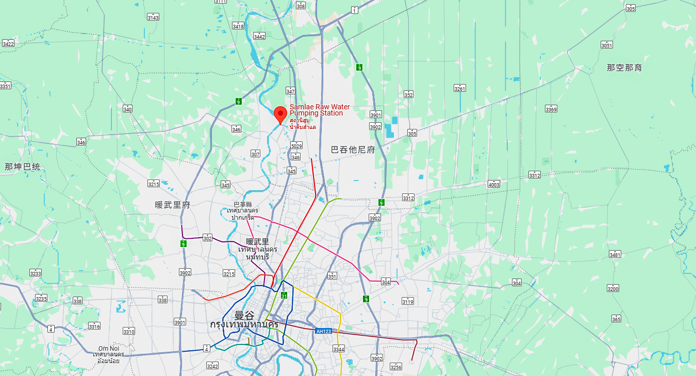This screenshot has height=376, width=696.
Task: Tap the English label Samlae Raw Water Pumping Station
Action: click(320, 110)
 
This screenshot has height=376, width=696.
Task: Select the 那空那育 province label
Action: click(624, 68)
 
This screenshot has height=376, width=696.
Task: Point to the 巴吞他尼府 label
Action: click(353, 150)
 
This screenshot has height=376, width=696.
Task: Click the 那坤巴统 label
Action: click(22, 167)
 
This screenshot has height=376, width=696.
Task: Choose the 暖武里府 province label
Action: click(173, 205)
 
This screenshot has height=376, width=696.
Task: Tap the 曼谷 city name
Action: click(244, 315)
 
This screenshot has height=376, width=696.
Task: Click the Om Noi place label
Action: click(108, 348)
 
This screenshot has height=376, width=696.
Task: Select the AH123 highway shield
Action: click(323, 331)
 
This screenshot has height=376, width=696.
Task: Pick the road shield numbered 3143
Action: click(153, 17)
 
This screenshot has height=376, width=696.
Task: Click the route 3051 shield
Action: click(607, 45)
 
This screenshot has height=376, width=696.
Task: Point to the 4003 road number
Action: click(494, 184)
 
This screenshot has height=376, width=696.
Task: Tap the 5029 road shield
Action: click(296, 145)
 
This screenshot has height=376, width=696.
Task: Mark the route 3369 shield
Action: click(551, 109)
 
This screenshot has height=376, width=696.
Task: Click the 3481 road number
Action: click(615, 254)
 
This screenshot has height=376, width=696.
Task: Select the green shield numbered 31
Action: click(284, 296)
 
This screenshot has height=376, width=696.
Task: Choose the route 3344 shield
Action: click(338, 349)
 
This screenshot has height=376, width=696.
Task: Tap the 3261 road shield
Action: click(460, 89)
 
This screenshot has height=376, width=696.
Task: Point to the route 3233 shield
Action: click(36, 273)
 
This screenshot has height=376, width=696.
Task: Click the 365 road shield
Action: click(616, 319)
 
